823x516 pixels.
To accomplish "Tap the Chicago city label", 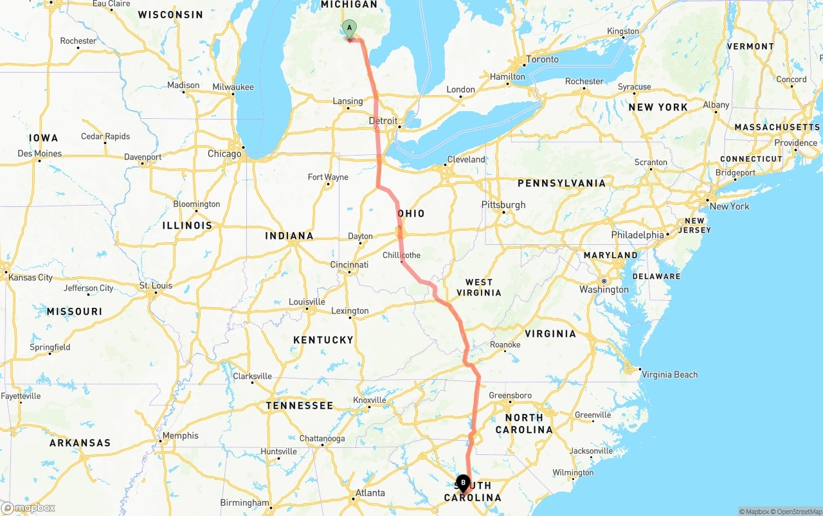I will tap(224, 154).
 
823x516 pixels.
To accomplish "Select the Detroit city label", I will tap(383, 121).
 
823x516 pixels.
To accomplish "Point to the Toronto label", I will tap(543, 59).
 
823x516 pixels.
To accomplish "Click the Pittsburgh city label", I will tap(503, 205).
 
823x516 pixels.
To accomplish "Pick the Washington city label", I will tap(604, 289).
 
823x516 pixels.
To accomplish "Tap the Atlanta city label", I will tap(370, 493).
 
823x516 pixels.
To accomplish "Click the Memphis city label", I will tap(181, 436).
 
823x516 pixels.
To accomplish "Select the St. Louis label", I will tap(156, 285).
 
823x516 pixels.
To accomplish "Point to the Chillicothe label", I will tap(401, 255).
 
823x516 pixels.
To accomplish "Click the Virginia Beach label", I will tap(669, 375).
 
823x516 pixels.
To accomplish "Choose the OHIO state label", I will tap(411, 213).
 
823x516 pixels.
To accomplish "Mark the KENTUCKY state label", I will tap(323, 339).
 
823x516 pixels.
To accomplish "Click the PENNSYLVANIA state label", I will tap(561, 183).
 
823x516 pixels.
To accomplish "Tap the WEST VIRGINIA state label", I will tap(479, 287).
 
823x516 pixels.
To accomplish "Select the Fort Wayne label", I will tap(328, 177).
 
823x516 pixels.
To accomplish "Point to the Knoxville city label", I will tap(370, 400).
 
